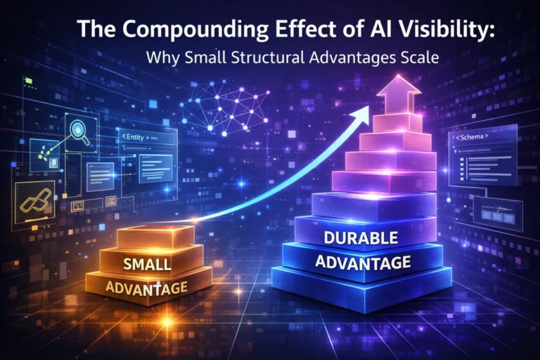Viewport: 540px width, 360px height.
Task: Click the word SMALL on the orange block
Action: coord(147,264)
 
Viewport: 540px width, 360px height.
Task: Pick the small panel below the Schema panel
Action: coord(497,212)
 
